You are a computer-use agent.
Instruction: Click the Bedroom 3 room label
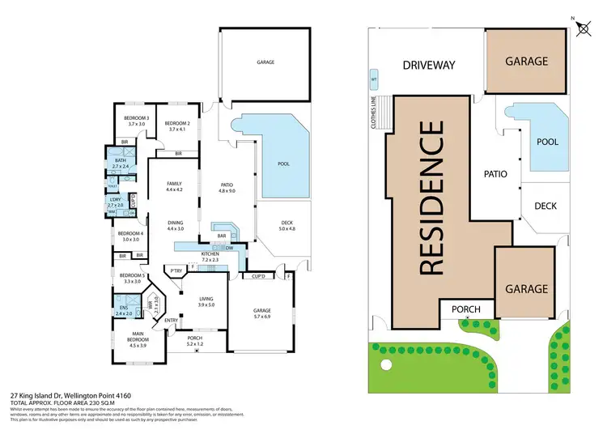click(x=135, y=121)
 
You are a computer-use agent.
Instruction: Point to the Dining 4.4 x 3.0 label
click(x=176, y=225)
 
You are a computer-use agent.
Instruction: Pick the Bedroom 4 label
click(x=132, y=236)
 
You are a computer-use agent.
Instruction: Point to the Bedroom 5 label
click(x=132, y=279)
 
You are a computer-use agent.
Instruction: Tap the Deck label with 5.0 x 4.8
click(x=287, y=227)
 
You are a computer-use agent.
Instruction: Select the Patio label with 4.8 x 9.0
click(x=227, y=188)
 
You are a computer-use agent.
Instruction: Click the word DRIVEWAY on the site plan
click(x=429, y=65)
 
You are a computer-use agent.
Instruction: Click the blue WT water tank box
click(x=374, y=80)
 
